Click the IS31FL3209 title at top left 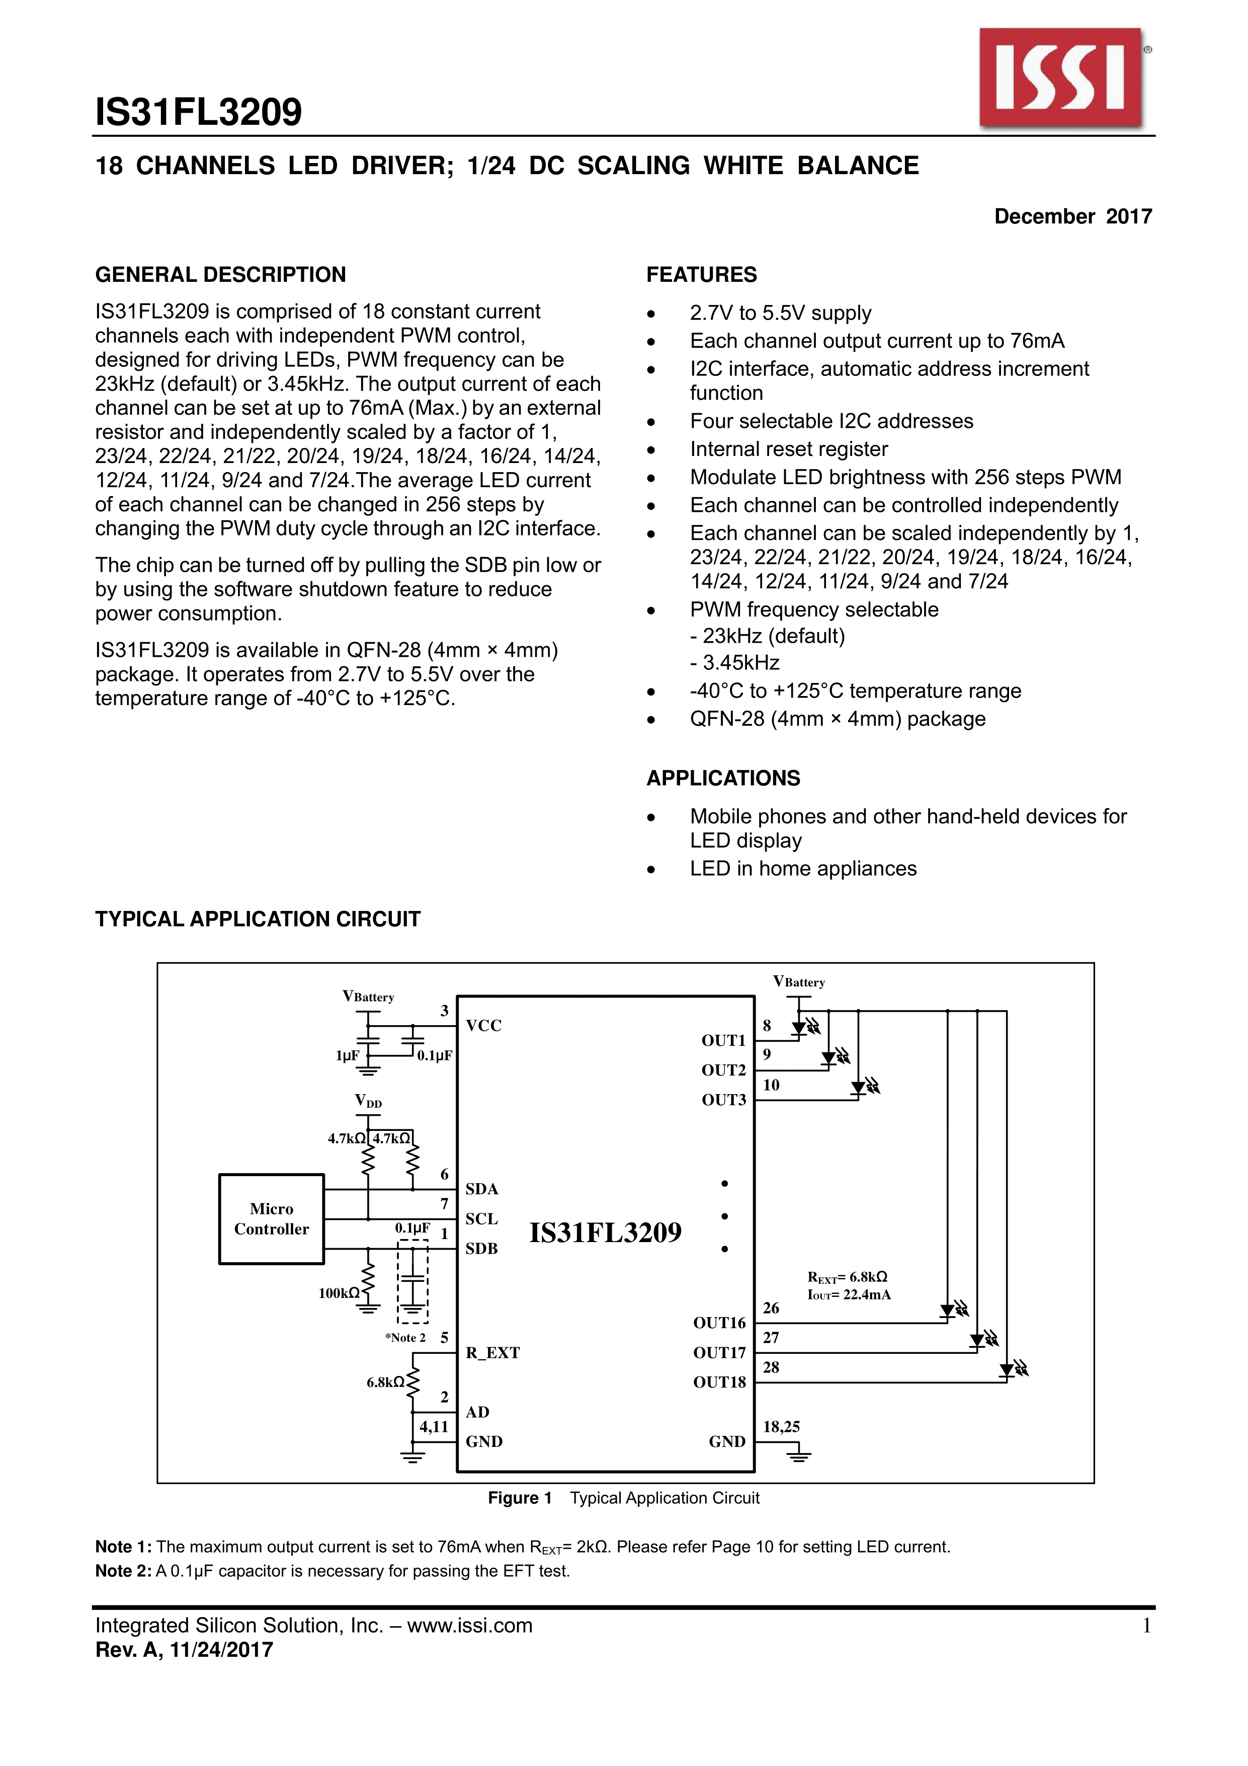click(x=198, y=112)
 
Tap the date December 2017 click(x=1072, y=216)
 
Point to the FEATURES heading click(x=701, y=275)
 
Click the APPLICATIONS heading click(x=723, y=779)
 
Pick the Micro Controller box click(x=272, y=1218)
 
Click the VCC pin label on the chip click(x=484, y=1025)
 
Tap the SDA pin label click(x=482, y=1189)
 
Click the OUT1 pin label click(x=723, y=1041)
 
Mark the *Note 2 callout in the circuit click(x=405, y=1338)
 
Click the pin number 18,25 click(x=781, y=1427)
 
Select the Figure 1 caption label click(x=520, y=1498)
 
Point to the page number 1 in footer click(x=1146, y=1625)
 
